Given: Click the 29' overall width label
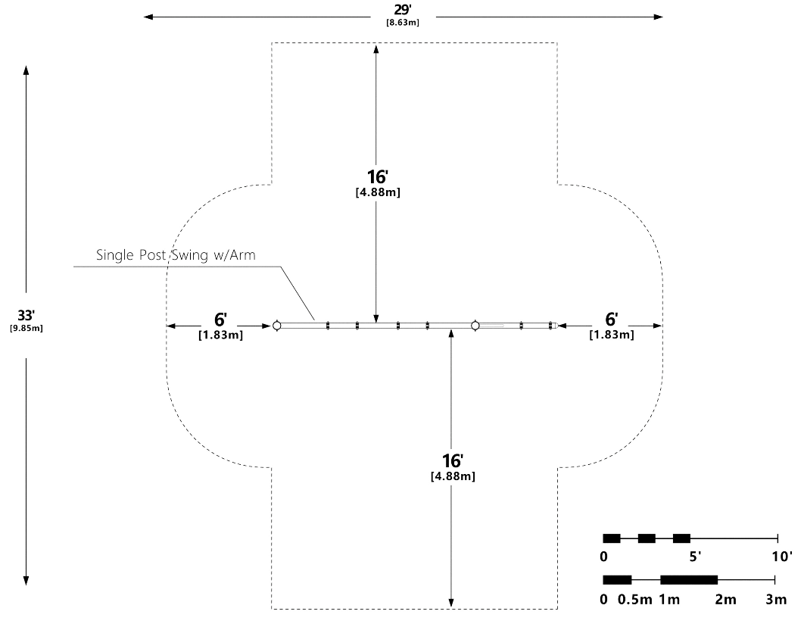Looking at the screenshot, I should coord(402,11).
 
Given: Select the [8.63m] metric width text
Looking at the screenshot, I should coord(402,22).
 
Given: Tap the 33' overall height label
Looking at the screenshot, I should coord(26,315).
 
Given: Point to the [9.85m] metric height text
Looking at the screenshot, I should coord(26,328).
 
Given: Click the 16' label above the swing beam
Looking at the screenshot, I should coord(378,177).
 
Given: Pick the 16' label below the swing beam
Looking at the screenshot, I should coord(453,460).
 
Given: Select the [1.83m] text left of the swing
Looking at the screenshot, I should coord(220,334).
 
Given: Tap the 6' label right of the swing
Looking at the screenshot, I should coord(612,319).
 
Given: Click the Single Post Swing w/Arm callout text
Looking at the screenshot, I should coord(176,255).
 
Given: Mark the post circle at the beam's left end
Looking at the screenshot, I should coord(276,326).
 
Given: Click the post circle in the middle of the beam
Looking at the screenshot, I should coord(475,326).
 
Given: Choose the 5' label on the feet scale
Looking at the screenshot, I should coord(694,557).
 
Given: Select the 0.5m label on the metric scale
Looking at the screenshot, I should coord(635,600).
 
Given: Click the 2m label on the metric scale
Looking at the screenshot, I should coord(725,600).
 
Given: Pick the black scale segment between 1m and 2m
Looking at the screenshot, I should coord(689,580).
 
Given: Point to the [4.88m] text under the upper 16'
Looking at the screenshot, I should coord(378,192).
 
